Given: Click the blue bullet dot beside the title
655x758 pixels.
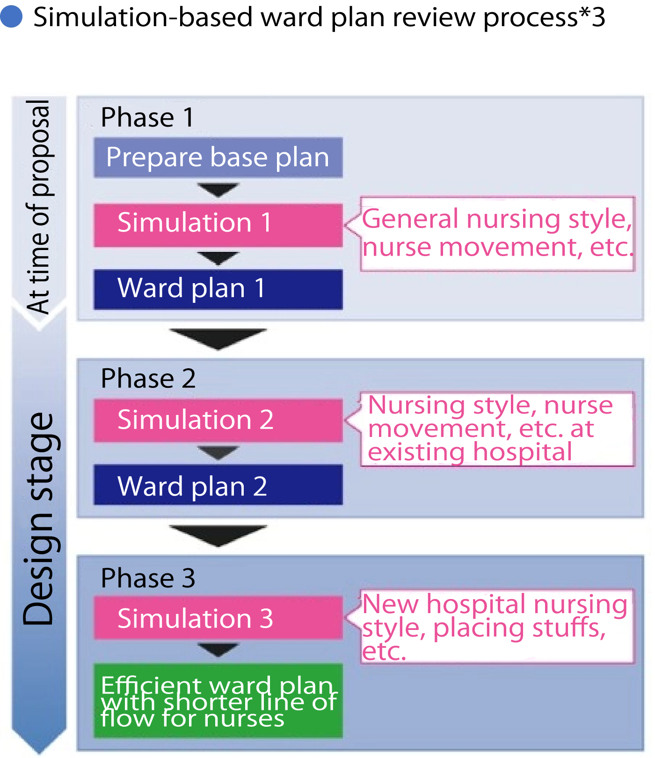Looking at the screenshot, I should click(x=11, y=16).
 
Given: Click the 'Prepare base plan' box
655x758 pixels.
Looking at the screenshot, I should click(x=218, y=157).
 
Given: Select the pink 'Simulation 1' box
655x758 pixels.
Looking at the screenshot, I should click(x=218, y=225).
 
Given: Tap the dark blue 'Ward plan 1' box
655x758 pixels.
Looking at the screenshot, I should click(x=218, y=289).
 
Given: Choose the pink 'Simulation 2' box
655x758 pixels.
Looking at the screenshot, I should click(x=218, y=420).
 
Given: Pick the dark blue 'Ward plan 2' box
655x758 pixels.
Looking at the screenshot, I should click(x=218, y=485).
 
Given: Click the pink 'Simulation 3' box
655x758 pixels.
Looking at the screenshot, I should click(x=218, y=617).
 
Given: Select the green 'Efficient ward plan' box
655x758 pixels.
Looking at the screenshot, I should click(x=218, y=701).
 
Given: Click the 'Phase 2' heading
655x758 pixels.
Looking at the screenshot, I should click(x=148, y=378).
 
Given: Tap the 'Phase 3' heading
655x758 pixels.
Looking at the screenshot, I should click(x=148, y=578).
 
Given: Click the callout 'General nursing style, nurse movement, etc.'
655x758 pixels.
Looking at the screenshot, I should click(x=497, y=234).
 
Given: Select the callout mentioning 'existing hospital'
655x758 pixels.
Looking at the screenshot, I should click(x=497, y=429).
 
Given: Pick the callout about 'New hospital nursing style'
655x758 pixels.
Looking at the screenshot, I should click(x=497, y=626).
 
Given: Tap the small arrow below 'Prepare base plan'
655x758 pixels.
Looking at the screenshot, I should click(x=218, y=190).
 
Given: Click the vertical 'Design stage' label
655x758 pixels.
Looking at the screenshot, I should click(x=39, y=519).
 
